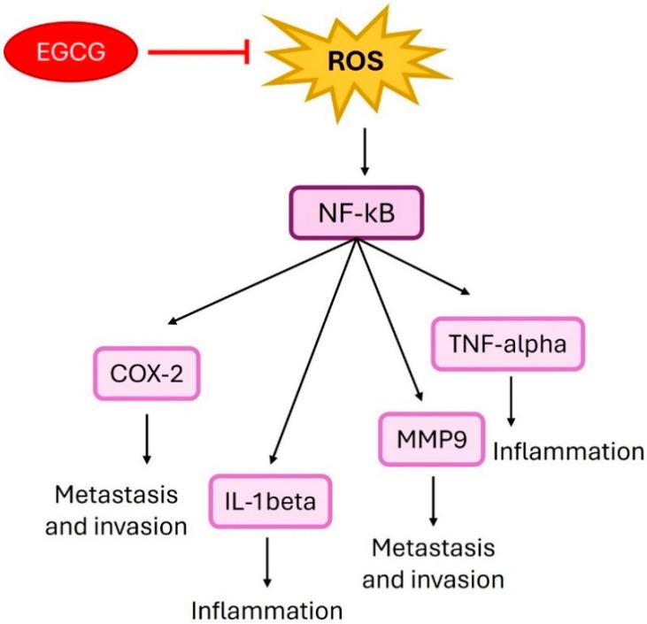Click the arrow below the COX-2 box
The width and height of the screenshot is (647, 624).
(x=147, y=437)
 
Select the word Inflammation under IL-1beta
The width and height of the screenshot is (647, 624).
(x=266, y=611)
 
